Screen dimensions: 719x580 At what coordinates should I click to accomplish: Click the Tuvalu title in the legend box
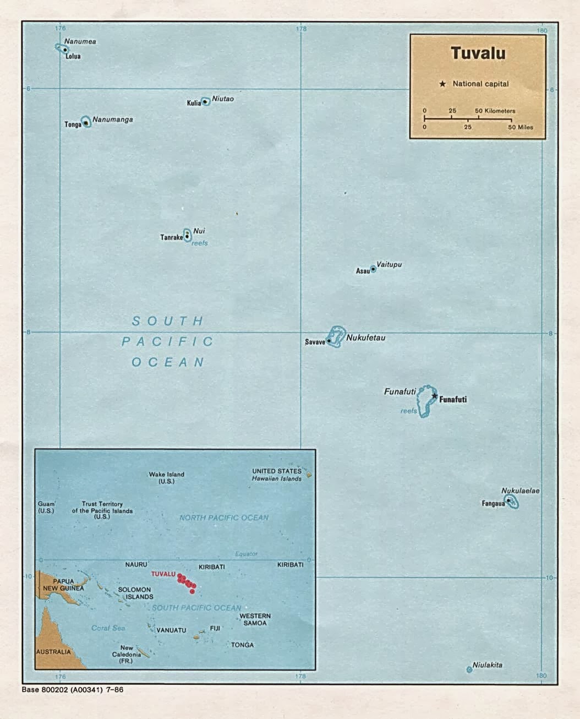[478, 53]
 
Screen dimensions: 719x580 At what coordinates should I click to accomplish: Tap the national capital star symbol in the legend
[442, 84]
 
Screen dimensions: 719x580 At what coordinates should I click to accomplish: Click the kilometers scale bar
[468, 118]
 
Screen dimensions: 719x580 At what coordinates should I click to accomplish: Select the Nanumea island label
[80, 41]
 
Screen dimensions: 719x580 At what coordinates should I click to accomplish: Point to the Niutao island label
[223, 99]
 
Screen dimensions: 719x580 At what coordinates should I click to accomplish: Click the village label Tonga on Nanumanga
[73, 125]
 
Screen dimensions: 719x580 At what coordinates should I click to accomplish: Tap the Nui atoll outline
[187, 235]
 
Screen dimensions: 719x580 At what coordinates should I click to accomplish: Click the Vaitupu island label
[389, 264]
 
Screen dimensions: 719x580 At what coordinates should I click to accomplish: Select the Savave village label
[315, 342]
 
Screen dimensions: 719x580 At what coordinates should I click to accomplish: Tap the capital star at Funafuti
[434, 396]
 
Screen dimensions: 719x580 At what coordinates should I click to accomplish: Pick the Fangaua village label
[493, 503]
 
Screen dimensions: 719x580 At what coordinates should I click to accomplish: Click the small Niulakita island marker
[469, 669]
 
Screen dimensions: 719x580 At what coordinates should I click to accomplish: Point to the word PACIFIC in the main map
[167, 341]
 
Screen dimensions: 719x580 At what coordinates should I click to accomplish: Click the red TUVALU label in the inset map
[163, 574]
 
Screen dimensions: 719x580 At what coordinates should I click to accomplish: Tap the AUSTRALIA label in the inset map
[53, 652]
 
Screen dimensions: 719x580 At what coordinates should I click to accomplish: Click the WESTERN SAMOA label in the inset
[255, 619]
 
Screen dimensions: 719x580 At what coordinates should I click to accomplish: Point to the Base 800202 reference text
[73, 690]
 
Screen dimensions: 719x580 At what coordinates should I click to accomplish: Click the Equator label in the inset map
[246, 554]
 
